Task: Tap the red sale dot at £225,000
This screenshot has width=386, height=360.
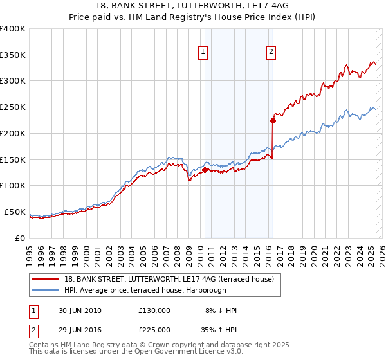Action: (x=273, y=120)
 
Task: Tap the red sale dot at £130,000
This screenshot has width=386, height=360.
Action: (x=205, y=170)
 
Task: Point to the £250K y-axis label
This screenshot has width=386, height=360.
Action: (x=13, y=107)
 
